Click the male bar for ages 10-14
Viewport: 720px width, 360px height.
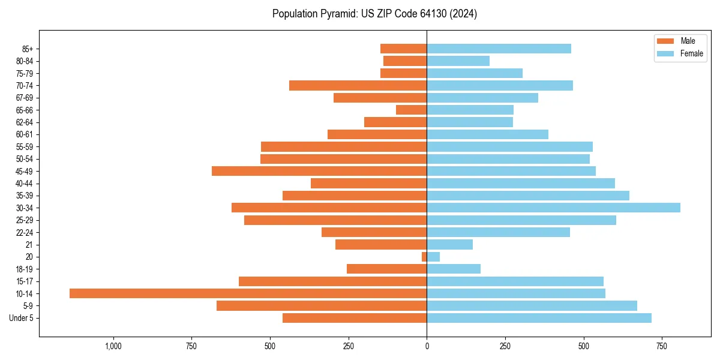tap(248, 293)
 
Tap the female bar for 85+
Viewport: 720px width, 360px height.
tap(499, 49)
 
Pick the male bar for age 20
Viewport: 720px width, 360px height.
tap(424, 257)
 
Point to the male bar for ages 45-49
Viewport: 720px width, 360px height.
tap(319, 171)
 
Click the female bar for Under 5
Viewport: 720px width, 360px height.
tap(539, 318)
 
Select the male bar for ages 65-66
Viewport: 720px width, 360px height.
tap(411, 110)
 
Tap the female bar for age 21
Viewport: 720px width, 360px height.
tap(449, 244)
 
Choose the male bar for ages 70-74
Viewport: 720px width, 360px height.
tap(358, 85)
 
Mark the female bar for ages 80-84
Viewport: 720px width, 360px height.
tap(458, 61)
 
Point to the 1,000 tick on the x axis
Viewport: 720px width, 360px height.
tap(113, 346)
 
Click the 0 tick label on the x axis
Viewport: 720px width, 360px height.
tap(427, 346)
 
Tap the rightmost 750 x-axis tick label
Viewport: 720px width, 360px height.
tap(662, 346)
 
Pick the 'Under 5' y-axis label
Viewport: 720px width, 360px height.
tap(21, 318)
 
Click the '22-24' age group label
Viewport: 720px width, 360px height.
tap(24, 232)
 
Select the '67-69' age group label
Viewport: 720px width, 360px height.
tap(24, 98)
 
